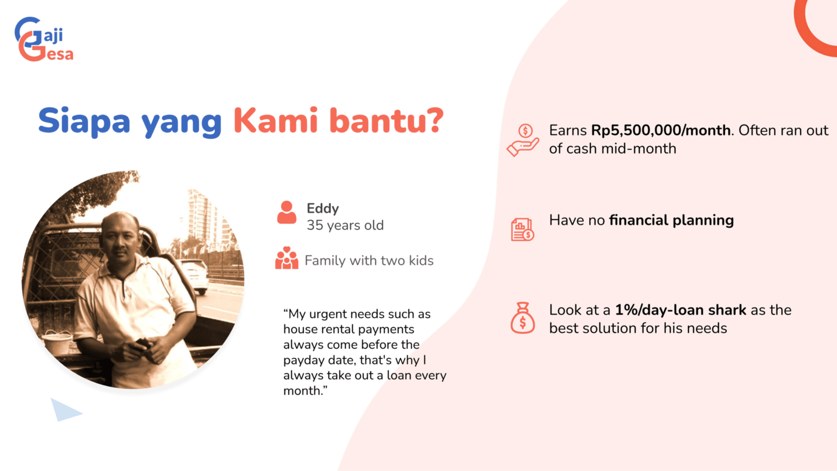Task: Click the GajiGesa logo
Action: tap(44, 40)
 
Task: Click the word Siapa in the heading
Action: tap(84, 120)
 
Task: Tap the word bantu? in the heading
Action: tap(387, 120)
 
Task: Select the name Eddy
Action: tap(323, 208)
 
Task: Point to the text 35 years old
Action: tap(345, 225)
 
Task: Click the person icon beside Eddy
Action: tap(287, 213)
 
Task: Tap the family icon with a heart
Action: tap(287, 258)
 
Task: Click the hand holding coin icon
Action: tap(523, 140)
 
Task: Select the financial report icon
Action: tap(523, 230)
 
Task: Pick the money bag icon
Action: tap(523, 318)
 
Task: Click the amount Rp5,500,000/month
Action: tap(660, 130)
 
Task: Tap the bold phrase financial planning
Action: tap(671, 221)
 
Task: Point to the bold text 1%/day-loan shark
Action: tap(680, 310)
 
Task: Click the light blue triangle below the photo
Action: tap(66, 410)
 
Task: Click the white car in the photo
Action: tap(195, 275)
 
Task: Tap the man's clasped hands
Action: tap(144, 350)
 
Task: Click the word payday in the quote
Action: tap(304, 360)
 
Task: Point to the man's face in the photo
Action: tap(120, 237)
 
